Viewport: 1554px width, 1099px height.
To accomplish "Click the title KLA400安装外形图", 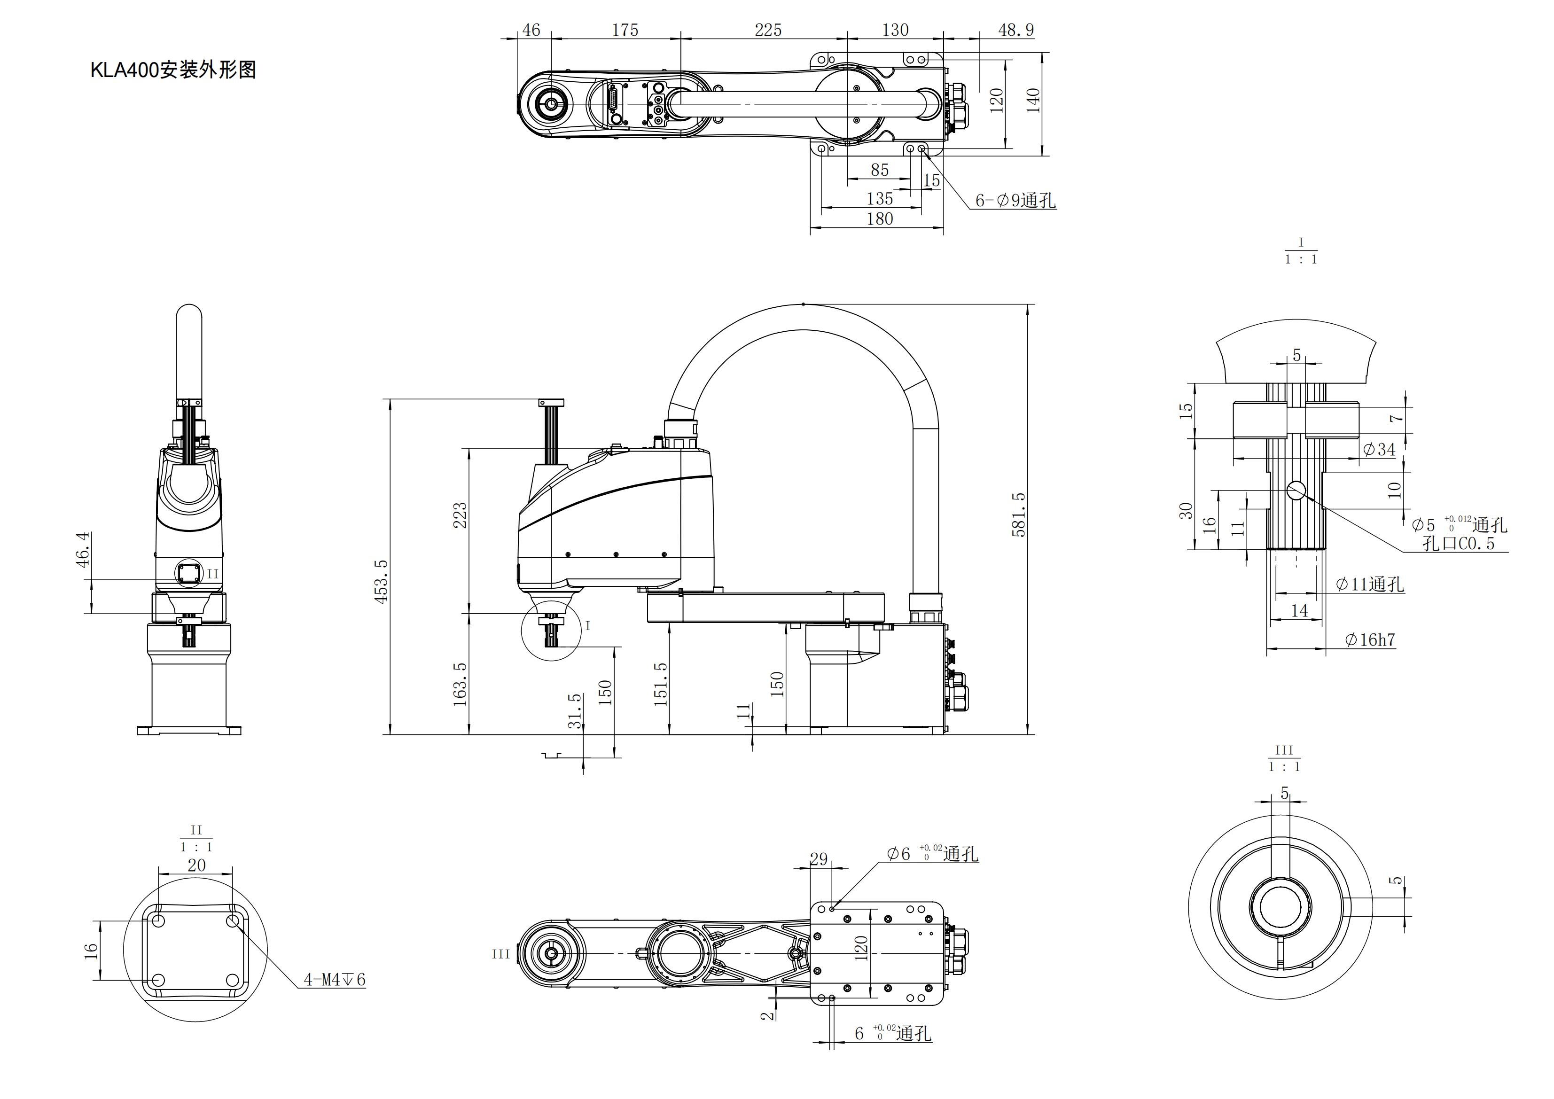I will click(173, 70).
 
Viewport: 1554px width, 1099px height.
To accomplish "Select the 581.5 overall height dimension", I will click(1019, 514).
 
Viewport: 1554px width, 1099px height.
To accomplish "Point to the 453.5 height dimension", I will click(382, 581).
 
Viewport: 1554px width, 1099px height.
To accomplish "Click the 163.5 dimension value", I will click(460, 684).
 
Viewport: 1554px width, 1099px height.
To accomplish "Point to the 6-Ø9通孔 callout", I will click(1015, 200).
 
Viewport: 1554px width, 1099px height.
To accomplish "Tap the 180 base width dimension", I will click(879, 218).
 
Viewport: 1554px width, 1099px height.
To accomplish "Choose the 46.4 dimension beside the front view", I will click(83, 549).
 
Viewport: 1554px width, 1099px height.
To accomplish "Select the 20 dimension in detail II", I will click(196, 865).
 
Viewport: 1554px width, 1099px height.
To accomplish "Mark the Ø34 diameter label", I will click(1379, 449).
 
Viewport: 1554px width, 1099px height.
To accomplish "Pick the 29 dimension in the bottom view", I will click(819, 859).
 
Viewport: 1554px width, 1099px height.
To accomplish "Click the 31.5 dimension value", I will click(575, 710).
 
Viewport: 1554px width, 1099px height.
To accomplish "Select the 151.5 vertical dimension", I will click(661, 684).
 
